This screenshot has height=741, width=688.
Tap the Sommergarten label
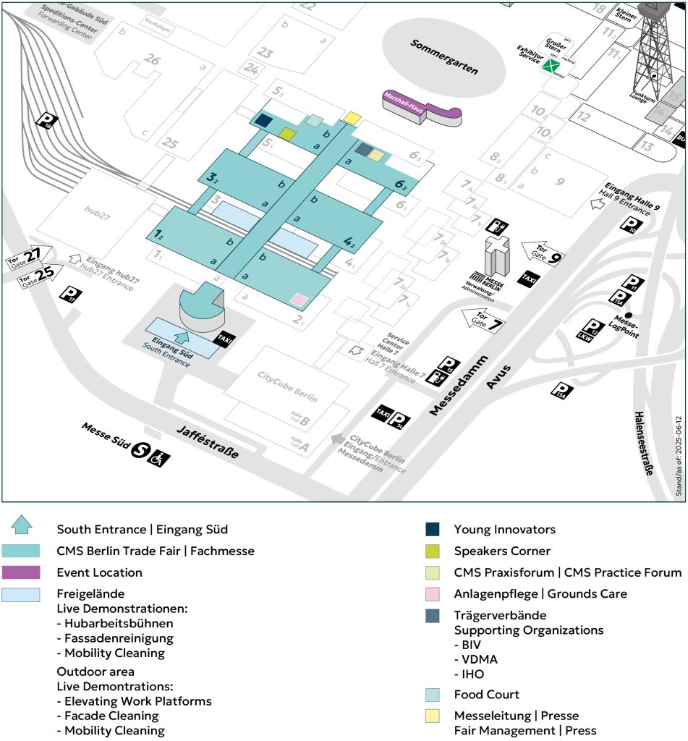444,55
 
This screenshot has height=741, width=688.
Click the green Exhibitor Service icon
553,67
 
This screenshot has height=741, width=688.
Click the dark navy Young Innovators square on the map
263,122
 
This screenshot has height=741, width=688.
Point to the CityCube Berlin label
288,379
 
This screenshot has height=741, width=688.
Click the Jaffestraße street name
207,443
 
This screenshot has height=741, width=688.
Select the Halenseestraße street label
644,443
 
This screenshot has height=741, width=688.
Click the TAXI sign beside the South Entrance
223,338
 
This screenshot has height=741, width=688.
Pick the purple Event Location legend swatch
21,572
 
